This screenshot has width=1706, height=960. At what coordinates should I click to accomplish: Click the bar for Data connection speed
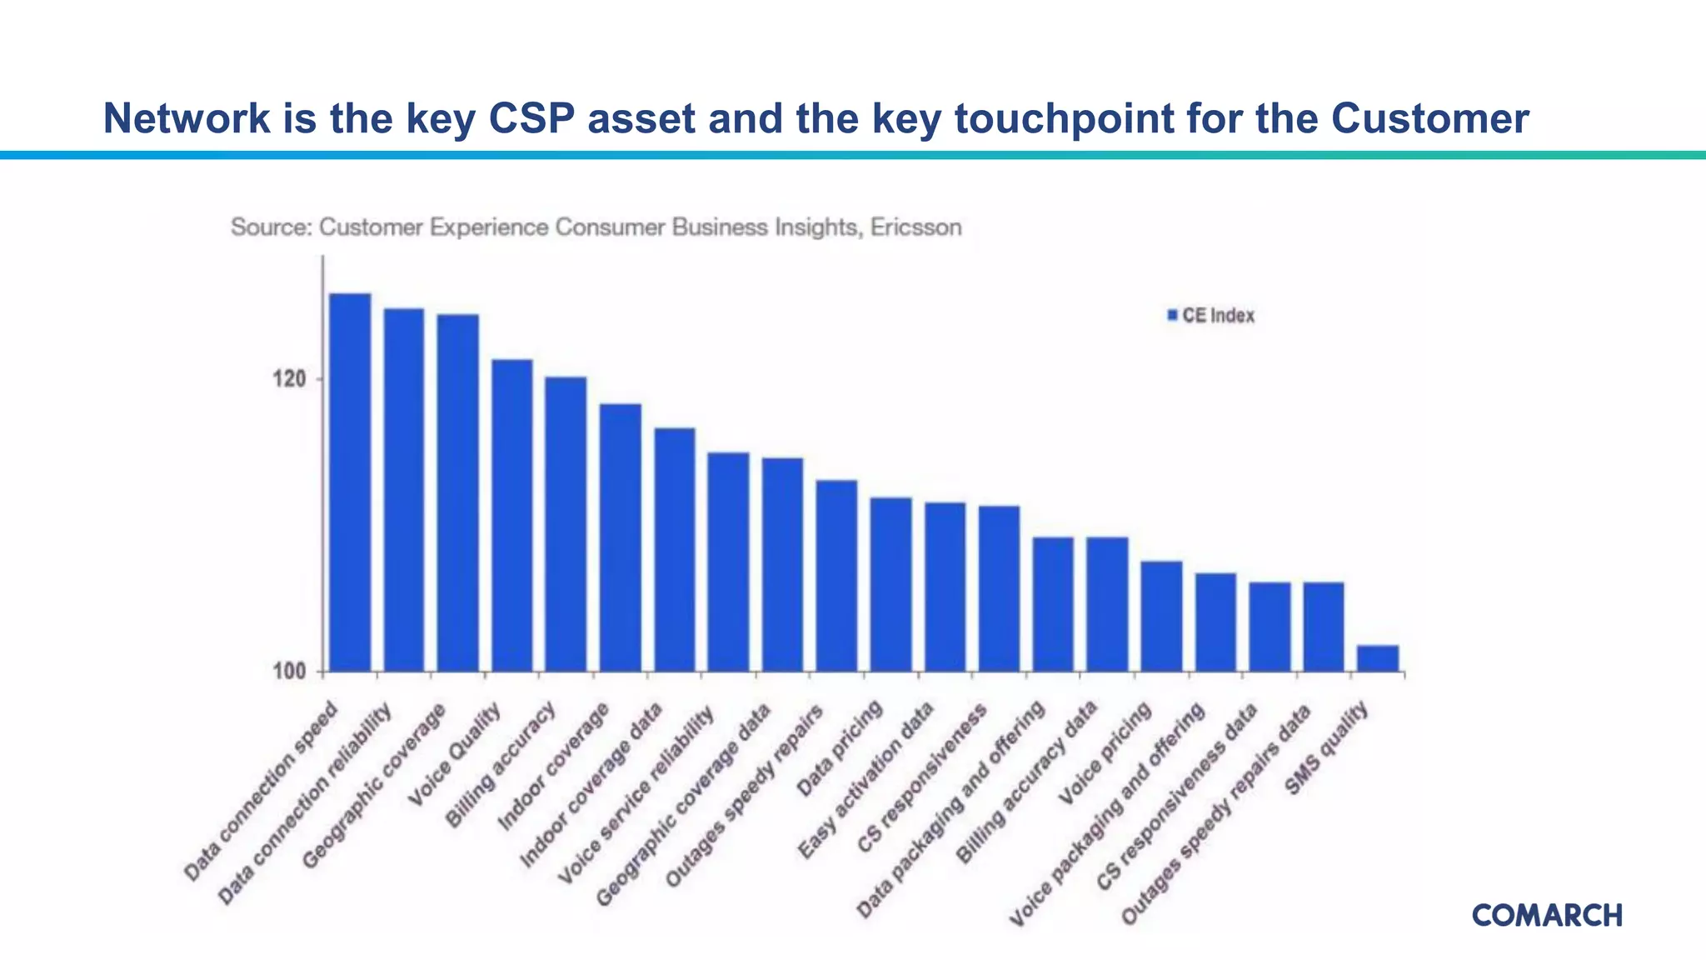pos(350,483)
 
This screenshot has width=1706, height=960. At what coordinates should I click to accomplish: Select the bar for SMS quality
pos(1377,658)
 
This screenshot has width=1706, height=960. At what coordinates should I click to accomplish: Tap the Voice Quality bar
pos(511,517)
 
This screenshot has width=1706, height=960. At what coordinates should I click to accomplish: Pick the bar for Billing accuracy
pos(566,525)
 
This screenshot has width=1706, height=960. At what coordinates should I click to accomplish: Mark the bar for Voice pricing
pos(1161,617)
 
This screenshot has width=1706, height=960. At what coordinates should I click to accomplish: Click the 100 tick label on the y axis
pos(290,672)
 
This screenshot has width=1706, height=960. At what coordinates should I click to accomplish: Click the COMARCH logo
pos(1547,915)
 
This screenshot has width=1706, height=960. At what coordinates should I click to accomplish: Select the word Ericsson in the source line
pos(915,227)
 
